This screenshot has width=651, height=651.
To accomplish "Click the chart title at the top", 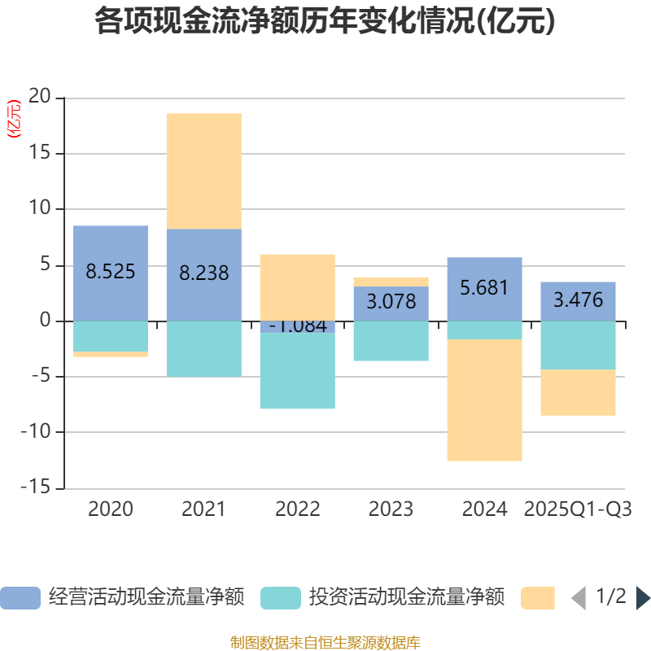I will [325, 22].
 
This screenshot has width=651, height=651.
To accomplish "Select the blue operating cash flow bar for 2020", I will [111, 244].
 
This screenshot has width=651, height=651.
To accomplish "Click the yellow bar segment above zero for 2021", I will [204, 171].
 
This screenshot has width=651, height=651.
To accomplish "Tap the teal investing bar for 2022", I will [298, 372].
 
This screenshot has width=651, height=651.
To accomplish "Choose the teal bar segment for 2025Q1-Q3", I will [579, 346].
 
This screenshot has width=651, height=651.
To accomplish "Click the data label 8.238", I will [204, 273].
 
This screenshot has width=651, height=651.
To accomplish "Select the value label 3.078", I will [391, 302].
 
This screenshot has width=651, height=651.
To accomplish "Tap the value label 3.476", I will [579, 300].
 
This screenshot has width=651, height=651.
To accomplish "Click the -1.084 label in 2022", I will [298, 326].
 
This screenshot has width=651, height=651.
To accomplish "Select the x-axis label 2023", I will [391, 509].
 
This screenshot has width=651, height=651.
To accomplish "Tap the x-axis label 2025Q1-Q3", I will [579, 509].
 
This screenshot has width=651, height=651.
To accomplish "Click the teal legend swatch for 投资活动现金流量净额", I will [281, 598].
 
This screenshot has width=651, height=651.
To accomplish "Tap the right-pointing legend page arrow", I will [643, 598].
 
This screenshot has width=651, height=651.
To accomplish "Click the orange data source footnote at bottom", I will [325, 642].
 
